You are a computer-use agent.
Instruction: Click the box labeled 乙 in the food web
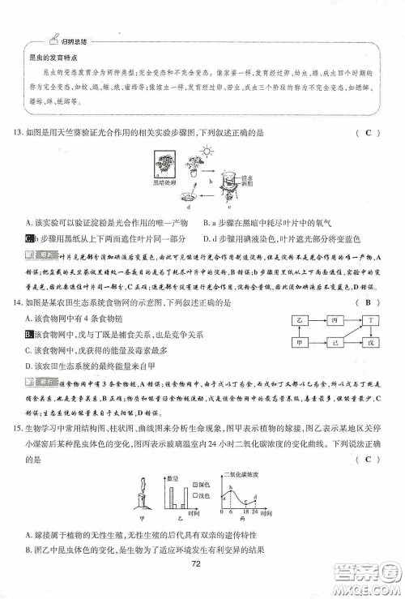[x=301, y=320]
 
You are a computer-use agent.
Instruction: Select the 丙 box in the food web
[x=334, y=320]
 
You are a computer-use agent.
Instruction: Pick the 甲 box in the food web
[x=301, y=343]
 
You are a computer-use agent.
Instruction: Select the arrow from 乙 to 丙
[x=317, y=320]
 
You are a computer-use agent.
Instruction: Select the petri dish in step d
[x=188, y=195]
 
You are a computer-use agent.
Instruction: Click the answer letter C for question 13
[x=367, y=133]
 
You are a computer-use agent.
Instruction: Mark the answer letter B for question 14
[x=367, y=303]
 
